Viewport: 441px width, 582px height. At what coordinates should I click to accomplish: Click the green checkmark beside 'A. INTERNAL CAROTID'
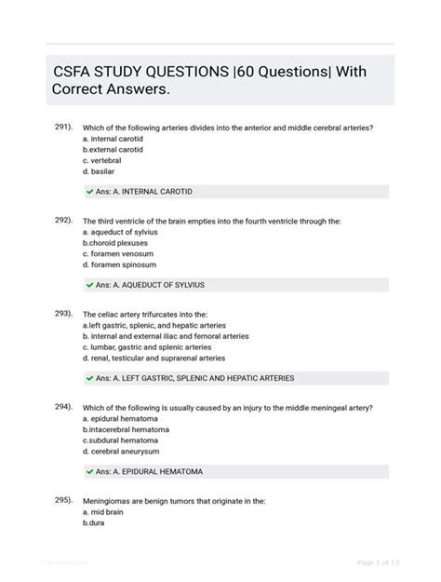89,192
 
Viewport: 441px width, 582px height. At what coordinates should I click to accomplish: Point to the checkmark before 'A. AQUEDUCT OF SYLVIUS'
89,285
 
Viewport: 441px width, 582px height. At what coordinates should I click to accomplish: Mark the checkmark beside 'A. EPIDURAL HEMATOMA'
89,472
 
